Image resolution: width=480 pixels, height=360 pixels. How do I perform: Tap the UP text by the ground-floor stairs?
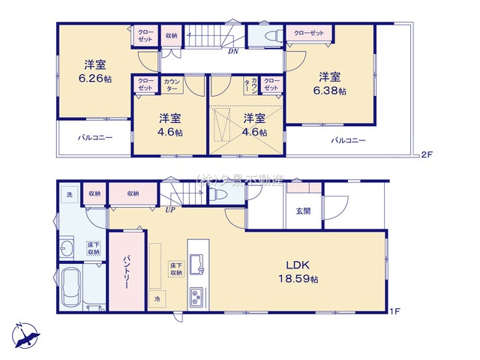point(170,211)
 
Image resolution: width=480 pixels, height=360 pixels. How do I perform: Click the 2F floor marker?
point(427,155)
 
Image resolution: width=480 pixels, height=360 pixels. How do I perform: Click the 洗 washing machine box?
point(68,193)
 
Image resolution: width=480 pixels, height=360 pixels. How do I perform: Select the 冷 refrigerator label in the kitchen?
point(157,298)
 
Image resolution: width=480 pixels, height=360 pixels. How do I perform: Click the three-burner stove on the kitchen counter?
point(196,295)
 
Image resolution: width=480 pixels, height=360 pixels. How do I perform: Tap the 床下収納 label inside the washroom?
point(94,248)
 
